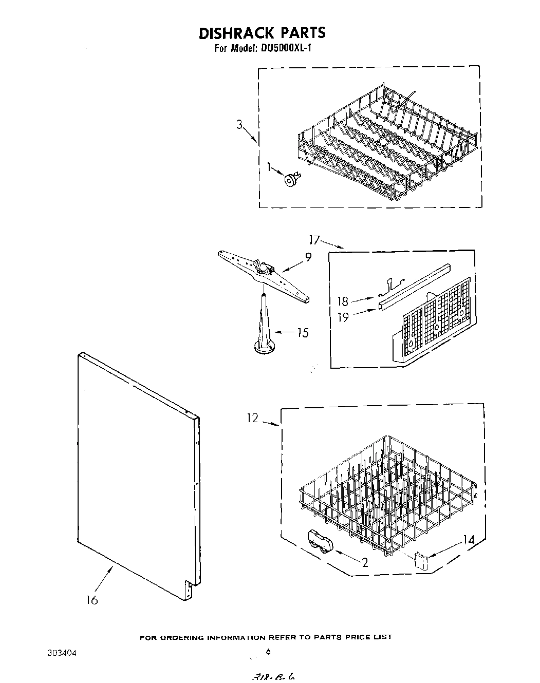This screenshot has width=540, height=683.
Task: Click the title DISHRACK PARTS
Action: [x=262, y=33]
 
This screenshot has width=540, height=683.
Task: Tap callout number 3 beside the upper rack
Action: [x=239, y=125]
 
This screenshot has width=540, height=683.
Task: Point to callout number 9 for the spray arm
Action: [x=308, y=258]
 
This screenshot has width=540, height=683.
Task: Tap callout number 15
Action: [x=303, y=333]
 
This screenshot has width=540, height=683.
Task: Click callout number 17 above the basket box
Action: [x=314, y=239]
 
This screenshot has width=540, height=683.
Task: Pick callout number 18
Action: [x=343, y=301]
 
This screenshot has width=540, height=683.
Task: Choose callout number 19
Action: [x=343, y=317]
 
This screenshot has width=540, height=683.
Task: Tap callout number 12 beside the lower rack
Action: [x=252, y=419]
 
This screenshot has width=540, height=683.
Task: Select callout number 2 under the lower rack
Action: [x=365, y=563]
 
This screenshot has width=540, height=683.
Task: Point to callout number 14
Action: [x=468, y=539]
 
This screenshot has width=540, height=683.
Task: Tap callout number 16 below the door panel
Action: [x=91, y=599]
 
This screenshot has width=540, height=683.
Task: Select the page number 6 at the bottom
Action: [x=268, y=652]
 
